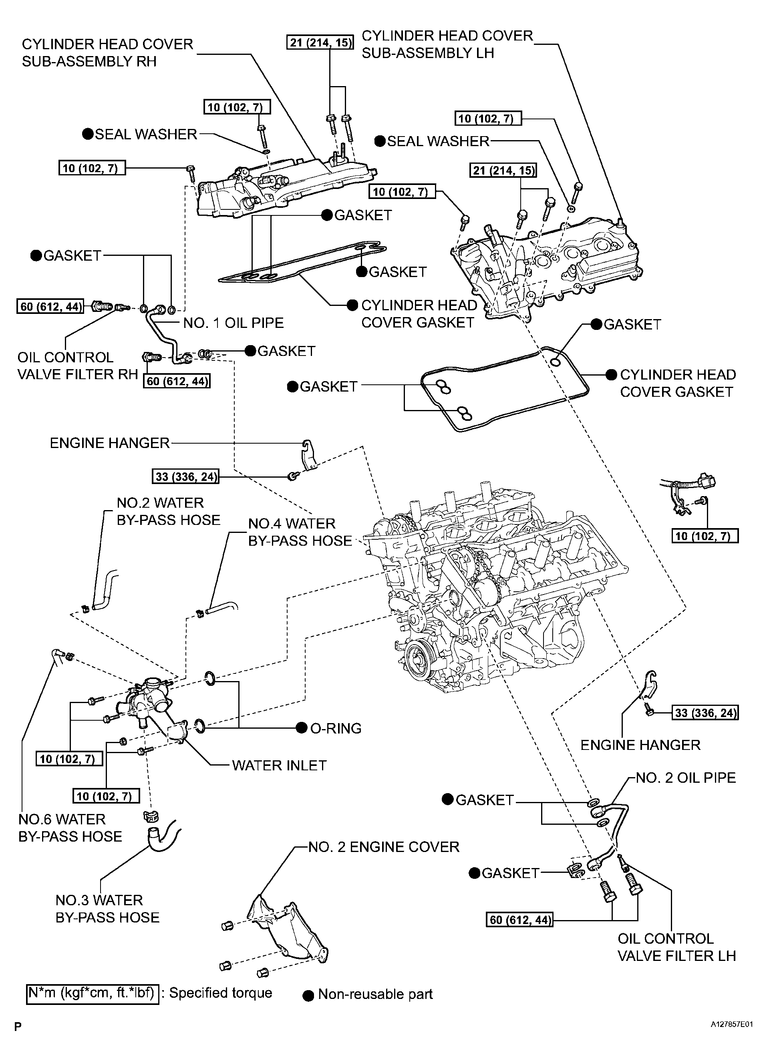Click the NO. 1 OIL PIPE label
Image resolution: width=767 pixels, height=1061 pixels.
pos(234,323)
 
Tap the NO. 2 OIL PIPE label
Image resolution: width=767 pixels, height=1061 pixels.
pos(686,778)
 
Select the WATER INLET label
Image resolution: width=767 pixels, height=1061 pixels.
pos(279,766)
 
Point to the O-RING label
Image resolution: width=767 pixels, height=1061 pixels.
pos(336,728)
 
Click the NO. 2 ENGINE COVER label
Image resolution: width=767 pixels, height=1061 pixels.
pos(384,847)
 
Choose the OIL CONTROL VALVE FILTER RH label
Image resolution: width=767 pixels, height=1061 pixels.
pos(78,366)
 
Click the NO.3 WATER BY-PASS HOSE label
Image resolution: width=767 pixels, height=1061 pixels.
pos(107,909)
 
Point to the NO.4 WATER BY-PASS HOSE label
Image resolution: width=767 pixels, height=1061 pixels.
pos(300,532)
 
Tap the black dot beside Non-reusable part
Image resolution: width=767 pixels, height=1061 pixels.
pos(308,995)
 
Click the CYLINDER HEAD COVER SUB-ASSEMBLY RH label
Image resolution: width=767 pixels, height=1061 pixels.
pos(107,52)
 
